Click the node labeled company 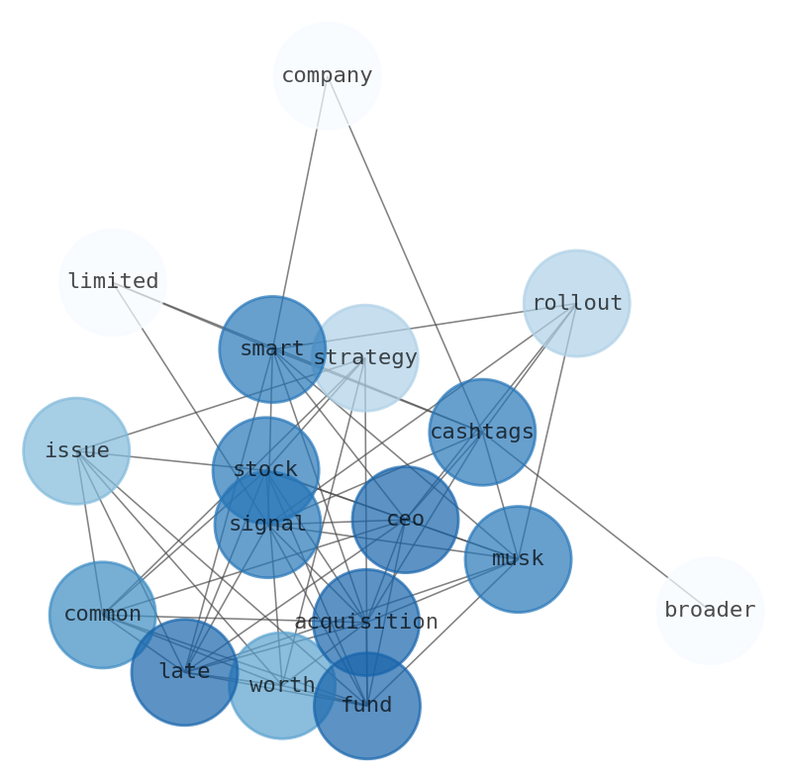pos(327,75)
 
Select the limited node pos(112,282)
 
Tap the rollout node pos(576,303)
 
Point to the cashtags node pos(482,432)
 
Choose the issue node pos(76,451)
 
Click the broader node pos(710,611)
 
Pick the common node pos(102,615)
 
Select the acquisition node pos(366,622)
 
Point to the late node pos(184,672)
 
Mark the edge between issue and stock pos(170,460)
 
